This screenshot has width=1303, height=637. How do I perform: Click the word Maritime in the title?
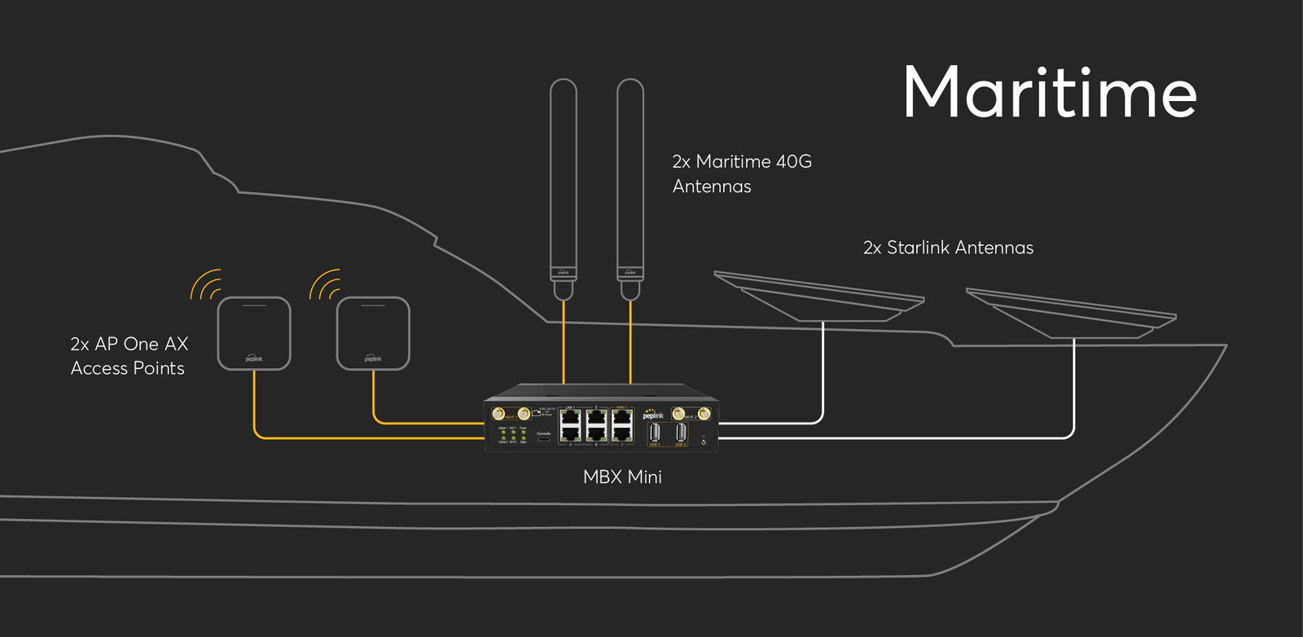click(x=1050, y=92)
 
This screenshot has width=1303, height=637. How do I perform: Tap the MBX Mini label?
click(x=622, y=477)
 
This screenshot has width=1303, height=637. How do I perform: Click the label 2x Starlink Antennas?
click(x=948, y=248)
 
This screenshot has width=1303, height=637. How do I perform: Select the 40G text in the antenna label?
click(x=793, y=161)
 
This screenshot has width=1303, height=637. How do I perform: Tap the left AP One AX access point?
click(x=254, y=333)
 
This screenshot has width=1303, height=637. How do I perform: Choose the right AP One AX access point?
click(x=373, y=333)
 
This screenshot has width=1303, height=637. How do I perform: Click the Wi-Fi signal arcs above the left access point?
click(x=206, y=284)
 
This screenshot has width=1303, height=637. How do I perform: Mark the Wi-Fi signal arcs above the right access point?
click(x=325, y=284)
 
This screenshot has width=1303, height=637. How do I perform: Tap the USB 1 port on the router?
click(x=655, y=434)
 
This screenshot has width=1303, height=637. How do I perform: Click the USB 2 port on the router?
click(x=681, y=434)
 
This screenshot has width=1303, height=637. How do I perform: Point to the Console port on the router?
click(x=544, y=438)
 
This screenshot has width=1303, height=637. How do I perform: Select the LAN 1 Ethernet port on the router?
click(x=570, y=418)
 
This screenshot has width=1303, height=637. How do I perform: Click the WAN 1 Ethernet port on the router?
click(x=622, y=418)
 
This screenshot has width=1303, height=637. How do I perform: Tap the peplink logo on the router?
click(x=653, y=415)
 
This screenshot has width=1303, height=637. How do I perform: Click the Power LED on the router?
click(x=523, y=433)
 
